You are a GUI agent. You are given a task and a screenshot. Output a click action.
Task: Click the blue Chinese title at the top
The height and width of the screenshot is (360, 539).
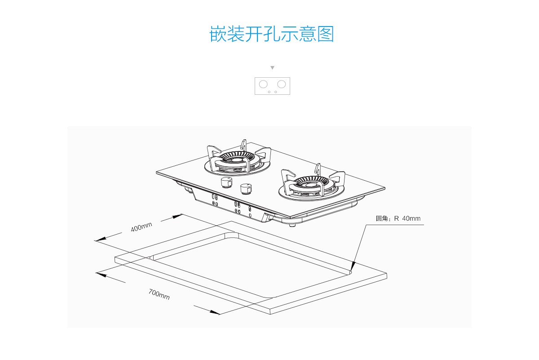(272, 34)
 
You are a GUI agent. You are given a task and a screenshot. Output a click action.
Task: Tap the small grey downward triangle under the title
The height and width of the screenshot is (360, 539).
(272, 68)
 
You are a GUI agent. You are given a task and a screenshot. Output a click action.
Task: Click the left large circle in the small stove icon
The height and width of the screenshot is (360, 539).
(263, 84)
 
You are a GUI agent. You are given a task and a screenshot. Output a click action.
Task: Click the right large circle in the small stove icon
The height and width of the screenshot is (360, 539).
(281, 84)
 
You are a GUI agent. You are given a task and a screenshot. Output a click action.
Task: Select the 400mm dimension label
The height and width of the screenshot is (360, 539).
(141, 227)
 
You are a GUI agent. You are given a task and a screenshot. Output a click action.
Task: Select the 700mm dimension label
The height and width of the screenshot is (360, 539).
(159, 294)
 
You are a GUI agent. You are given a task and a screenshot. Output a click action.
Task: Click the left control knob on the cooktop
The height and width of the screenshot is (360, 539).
(226, 182)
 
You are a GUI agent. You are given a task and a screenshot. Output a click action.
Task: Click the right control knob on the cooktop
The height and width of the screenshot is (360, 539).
(246, 189)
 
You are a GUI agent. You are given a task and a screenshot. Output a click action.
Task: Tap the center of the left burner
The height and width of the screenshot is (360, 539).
(237, 160)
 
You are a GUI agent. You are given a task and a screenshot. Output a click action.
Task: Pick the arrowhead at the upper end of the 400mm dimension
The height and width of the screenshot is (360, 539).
(178, 216)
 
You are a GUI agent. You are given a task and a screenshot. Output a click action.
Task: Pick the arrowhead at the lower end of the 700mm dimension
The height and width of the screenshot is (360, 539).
(215, 312)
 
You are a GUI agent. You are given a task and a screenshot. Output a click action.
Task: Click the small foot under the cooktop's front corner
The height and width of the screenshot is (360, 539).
(292, 225)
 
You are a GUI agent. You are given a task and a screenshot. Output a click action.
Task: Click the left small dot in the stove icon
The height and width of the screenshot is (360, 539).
(269, 92)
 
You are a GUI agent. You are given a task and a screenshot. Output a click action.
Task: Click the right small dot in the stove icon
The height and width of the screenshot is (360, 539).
(275, 92)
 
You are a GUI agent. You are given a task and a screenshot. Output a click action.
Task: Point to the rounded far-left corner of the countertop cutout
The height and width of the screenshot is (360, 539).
(152, 258)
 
